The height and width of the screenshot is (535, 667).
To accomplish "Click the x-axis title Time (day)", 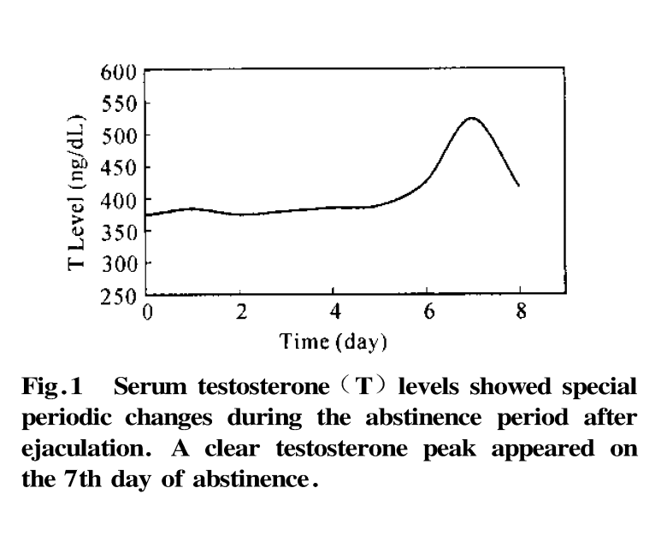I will point(333,344).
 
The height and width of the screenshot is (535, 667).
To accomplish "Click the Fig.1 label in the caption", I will point(50,388).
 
